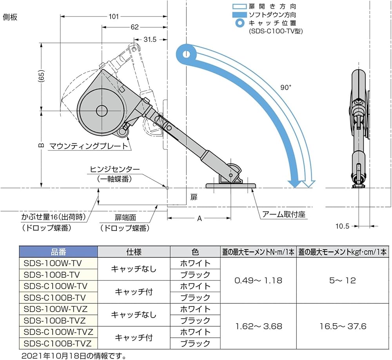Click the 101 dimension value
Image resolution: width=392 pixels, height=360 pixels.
[x=113, y=16]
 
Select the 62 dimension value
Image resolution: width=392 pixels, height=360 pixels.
[x=134, y=27]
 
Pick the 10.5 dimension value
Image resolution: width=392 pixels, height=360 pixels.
[x=342, y=226]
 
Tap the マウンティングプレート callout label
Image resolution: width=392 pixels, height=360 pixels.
[x=89, y=146]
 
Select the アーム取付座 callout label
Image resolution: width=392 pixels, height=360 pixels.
[x=285, y=214]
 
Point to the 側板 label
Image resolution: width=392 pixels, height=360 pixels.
[x=10, y=17]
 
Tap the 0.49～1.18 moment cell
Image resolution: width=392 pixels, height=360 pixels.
[x=258, y=280]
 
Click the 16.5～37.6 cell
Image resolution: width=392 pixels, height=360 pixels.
[x=343, y=326]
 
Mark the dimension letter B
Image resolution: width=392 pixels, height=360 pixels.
[x=40, y=145]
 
